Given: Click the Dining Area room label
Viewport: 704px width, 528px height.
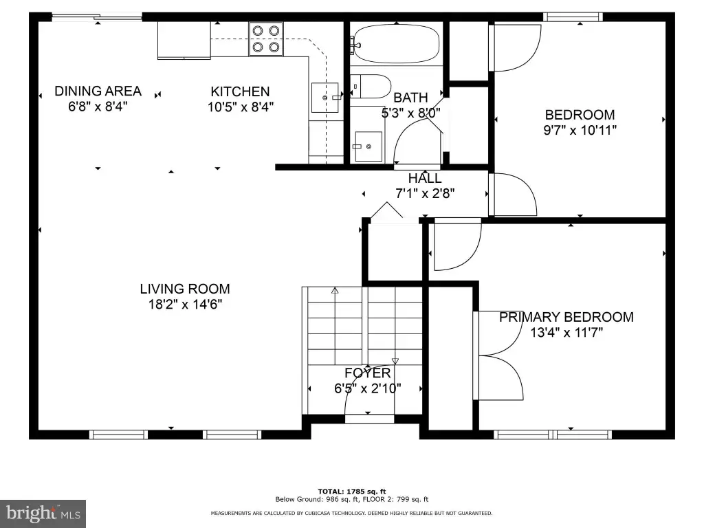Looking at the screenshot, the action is tap(98, 91).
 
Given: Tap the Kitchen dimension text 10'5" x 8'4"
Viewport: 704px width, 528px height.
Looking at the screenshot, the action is tap(241, 107).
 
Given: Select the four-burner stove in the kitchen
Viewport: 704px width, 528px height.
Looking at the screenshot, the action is tap(266, 38).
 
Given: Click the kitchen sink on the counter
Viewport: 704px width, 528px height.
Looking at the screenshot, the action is tap(325, 98).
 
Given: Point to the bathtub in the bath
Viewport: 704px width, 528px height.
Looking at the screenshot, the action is tap(396, 43).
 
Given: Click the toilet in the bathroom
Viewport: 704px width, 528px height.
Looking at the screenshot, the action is tap(371, 86).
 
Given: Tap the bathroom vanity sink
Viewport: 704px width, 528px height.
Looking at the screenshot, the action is tap(368, 146).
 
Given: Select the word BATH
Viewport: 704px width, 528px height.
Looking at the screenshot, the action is tap(410, 98).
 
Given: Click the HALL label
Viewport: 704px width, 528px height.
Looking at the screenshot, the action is tap(425, 178).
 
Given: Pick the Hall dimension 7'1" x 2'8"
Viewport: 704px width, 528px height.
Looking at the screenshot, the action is tap(425, 193).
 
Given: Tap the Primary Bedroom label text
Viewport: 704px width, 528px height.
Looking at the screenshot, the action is tap(566, 317).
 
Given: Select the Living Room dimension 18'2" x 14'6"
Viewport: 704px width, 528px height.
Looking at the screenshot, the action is tap(186, 305).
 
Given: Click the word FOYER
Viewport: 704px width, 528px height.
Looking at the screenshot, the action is tap(368, 373).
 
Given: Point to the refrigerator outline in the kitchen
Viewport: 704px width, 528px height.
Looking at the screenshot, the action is tap(184, 40).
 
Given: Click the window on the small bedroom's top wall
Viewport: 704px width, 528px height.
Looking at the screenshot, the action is tap(573, 17).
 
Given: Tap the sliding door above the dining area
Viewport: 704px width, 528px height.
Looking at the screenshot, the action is tap(97, 17).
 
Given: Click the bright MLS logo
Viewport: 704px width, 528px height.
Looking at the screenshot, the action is tap(43, 514).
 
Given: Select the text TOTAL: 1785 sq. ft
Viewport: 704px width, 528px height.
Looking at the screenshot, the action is tap(352, 491).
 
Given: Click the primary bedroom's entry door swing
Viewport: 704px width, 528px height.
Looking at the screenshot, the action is tap(457, 244).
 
